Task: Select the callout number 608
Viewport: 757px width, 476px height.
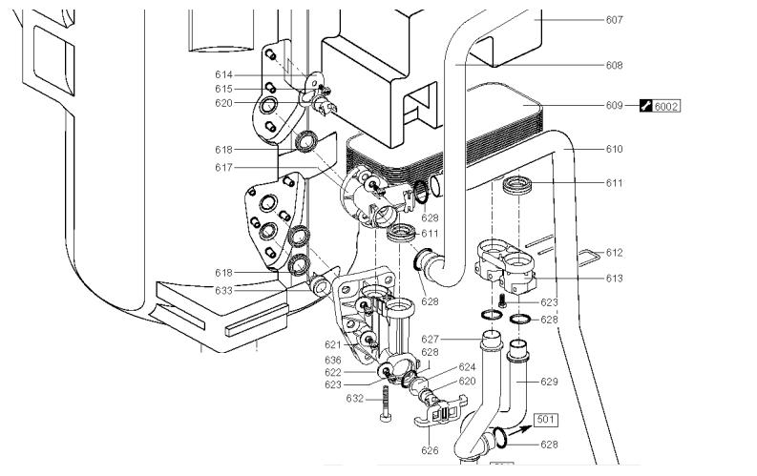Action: pyautogui.click(x=613, y=65)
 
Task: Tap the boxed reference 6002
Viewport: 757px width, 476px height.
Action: pyautogui.click(x=666, y=105)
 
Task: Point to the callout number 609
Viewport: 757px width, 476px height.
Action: pyautogui.click(x=613, y=105)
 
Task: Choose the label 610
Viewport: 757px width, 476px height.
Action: pyautogui.click(x=613, y=149)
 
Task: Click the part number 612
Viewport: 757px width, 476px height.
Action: pyautogui.click(x=613, y=253)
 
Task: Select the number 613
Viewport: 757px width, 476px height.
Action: pyautogui.click(x=613, y=279)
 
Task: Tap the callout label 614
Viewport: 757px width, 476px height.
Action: pyautogui.click(x=223, y=73)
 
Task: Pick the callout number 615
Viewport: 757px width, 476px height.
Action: pyautogui.click(x=223, y=88)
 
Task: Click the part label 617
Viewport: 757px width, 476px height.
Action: pyautogui.click(x=223, y=166)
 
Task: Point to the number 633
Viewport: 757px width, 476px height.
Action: pyautogui.click(x=223, y=290)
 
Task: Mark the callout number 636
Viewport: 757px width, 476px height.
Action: pyautogui.click(x=332, y=360)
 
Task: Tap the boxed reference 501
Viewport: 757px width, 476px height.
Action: pyautogui.click(x=545, y=420)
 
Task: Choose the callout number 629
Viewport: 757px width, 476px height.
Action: pyautogui.click(x=549, y=382)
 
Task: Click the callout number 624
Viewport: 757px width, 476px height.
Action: pyautogui.click(x=467, y=366)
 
